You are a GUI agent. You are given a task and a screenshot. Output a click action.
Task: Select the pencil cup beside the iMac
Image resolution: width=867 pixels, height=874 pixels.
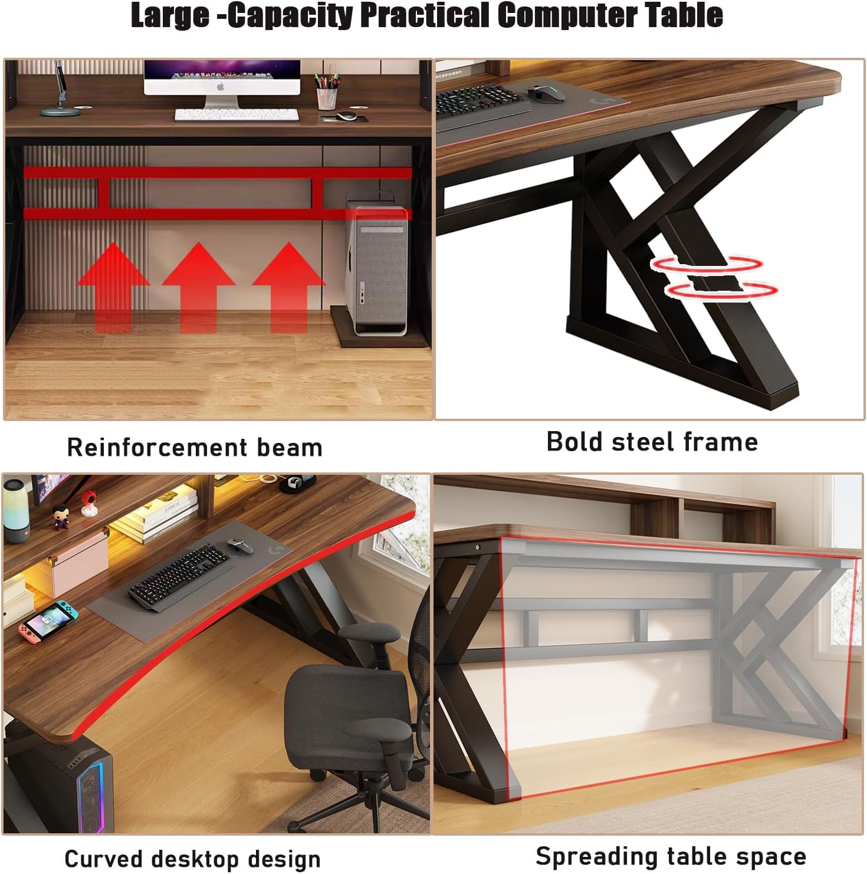click(326, 98)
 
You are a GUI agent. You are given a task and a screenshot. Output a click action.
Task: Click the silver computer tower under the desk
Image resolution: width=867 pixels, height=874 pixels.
click(377, 265)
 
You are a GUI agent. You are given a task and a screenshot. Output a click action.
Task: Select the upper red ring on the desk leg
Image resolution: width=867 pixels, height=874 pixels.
click(707, 264)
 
